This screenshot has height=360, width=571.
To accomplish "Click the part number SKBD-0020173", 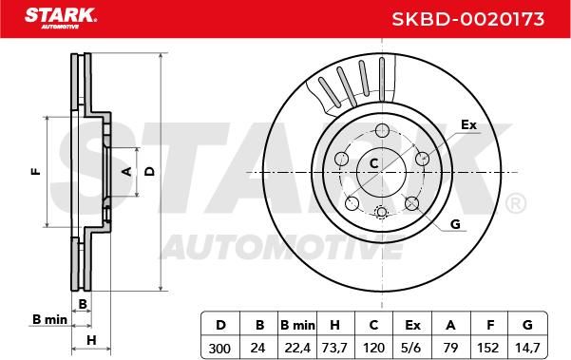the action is (468, 19).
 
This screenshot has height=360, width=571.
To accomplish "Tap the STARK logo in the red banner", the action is (60, 18).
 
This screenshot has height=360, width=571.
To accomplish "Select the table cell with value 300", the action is (219, 349).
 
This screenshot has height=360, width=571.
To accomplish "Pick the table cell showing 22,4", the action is (297, 349).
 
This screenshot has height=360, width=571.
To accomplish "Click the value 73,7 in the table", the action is (334, 349).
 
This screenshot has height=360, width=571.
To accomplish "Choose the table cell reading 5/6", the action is (411, 349).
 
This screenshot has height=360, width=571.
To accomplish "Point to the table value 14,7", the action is (527, 348).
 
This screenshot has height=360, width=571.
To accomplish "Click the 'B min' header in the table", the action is (297, 325).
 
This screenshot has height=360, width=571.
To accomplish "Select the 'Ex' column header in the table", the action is (412, 325).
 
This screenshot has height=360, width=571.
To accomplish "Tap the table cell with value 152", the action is (488, 349).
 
